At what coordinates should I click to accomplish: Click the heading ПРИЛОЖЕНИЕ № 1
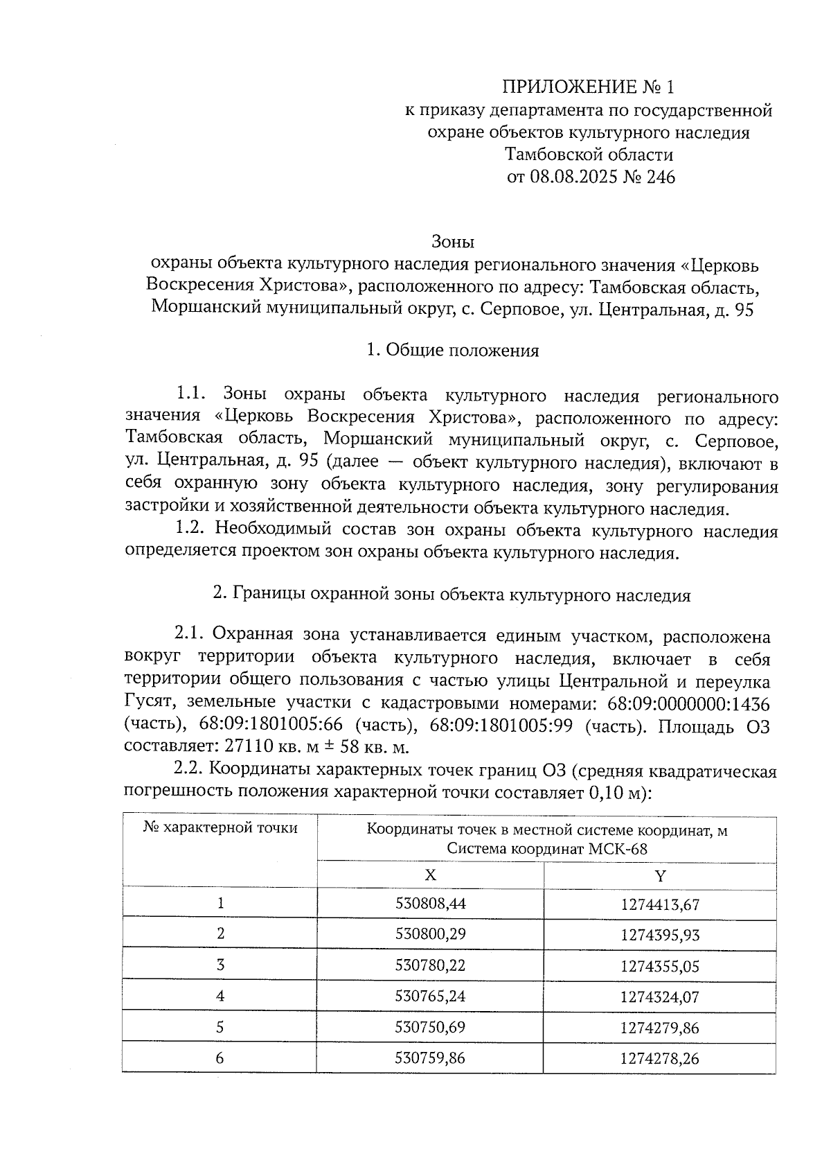click(587, 87)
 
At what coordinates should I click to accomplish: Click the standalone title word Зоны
click(452, 242)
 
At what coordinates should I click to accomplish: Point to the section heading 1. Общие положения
click(452, 351)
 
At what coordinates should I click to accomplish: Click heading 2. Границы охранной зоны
click(452, 595)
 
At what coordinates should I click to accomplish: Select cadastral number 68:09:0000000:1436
click(688, 704)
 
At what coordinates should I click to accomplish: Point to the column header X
click(430, 875)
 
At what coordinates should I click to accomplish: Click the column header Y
click(660, 875)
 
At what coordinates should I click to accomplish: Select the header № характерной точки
click(220, 828)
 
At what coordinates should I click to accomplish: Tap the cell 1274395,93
click(660, 935)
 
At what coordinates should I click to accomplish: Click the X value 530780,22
click(430, 965)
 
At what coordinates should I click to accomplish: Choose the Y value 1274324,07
click(660, 997)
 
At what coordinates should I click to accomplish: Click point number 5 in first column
click(220, 1028)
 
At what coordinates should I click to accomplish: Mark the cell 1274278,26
click(660, 1058)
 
